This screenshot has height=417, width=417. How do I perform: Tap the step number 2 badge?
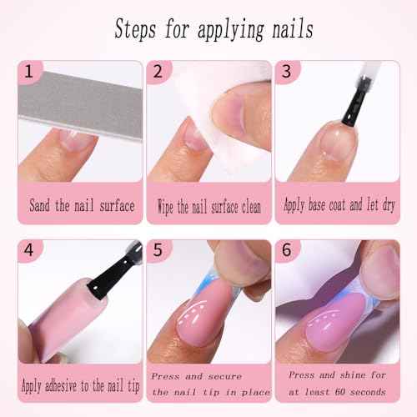click(158, 73)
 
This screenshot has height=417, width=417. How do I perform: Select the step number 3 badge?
click(286, 73)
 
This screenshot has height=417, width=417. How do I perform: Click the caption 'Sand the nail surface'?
click(81, 204)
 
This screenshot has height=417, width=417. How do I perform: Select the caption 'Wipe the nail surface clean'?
click(208, 204)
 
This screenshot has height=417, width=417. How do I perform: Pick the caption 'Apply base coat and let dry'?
click(338, 204)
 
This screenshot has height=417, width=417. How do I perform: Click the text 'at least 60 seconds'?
click(337, 391)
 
